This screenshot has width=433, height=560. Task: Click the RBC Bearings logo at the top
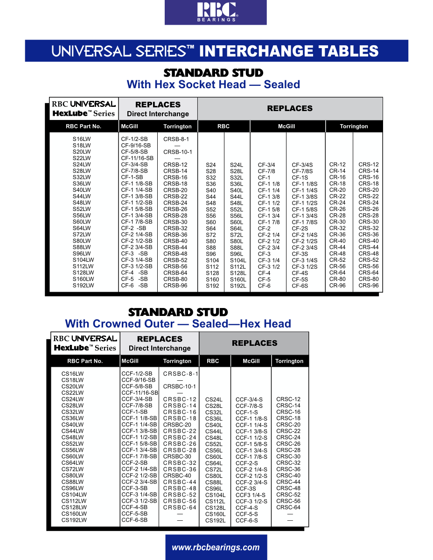[x=216, y=12]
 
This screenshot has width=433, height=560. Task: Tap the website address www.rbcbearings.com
[x=216, y=547]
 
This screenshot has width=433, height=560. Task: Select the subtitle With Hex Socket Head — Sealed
[x=213, y=84]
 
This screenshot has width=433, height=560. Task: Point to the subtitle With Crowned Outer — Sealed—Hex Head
[x=178, y=323]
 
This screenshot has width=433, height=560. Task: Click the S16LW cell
[x=82, y=139]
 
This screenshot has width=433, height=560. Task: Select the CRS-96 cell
[x=368, y=286]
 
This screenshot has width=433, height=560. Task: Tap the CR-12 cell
[x=337, y=165]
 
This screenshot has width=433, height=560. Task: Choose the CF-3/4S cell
[x=302, y=165]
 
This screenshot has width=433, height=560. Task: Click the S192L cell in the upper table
[x=238, y=286]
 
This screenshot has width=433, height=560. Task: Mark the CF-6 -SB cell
[x=134, y=286]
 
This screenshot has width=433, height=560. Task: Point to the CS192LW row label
[x=74, y=520]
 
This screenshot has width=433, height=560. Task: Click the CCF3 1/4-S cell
[x=251, y=495]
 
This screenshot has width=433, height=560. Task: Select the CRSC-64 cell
[x=288, y=508]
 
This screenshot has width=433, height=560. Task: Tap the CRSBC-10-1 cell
[x=180, y=387]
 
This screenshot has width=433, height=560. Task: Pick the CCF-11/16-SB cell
[x=140, y=393]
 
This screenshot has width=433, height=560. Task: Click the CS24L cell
[x=214, y=400]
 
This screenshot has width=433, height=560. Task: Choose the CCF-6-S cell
[x=246, y=521]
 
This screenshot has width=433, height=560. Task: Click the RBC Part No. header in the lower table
[x=85, y=361]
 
